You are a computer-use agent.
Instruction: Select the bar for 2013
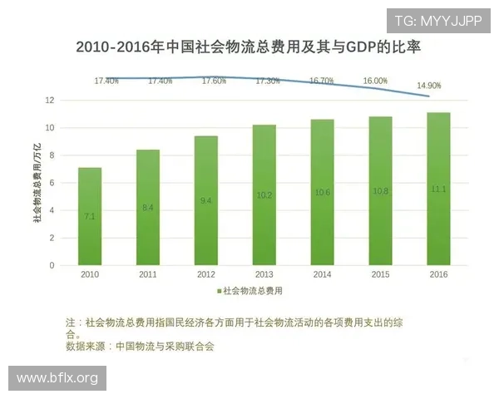(x=264, y=195)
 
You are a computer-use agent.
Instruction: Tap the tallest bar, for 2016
(x=438, y=189)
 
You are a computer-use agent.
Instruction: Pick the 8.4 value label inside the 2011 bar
(x=148, y=207)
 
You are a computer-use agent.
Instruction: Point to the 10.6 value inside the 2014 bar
(x=322, y=192)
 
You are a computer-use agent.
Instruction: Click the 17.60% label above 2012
(x=214, y=81)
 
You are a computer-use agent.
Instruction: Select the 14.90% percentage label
(x=428, y=86)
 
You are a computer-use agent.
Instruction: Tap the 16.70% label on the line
(x=321, y=81)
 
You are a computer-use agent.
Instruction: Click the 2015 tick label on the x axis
(x=380, y=274)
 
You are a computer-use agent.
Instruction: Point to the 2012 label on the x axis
(x=206, y=274)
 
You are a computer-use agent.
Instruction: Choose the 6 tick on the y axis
(x=52, y=183)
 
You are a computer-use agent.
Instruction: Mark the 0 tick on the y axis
(x=52, y=265)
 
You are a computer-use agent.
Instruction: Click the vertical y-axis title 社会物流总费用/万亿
(x=36, y=183)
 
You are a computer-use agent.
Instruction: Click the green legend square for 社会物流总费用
(x=220, y=292)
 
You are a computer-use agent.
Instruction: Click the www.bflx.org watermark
(x=57, y=378)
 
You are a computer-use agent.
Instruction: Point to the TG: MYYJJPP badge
(x=437, y=20)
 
